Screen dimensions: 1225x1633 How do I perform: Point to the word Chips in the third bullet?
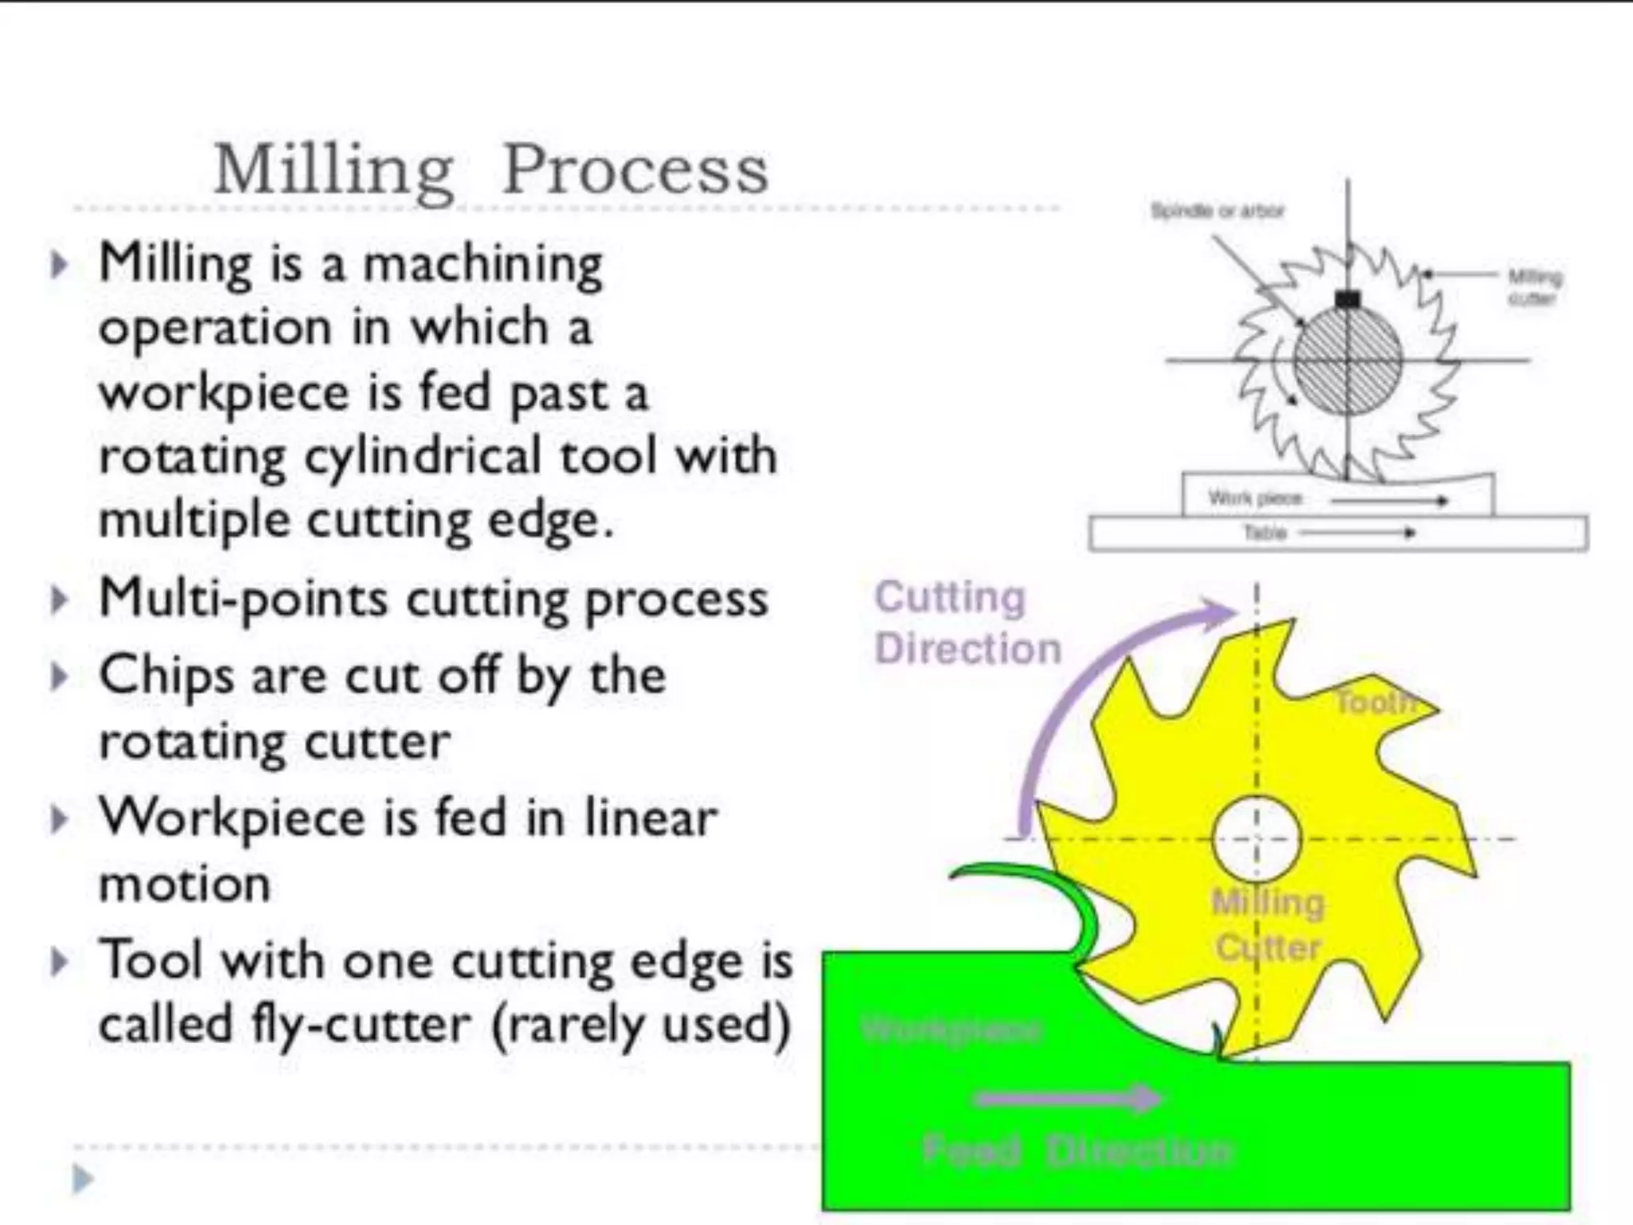[165, 677]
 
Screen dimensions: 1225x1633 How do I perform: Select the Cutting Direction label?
[967, 622]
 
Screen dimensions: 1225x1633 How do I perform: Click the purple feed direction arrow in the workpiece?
[1068, 1098]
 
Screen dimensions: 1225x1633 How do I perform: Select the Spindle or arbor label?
[1218, 211]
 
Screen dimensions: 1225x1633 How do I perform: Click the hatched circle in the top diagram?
[1348, 360]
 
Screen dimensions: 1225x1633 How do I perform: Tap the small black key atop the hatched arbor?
[1348, 300]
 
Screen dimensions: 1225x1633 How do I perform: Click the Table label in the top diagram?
[1265, 533]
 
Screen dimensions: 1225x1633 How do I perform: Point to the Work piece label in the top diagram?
[1255, 499]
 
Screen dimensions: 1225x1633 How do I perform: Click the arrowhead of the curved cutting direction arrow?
[1220, 612]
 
